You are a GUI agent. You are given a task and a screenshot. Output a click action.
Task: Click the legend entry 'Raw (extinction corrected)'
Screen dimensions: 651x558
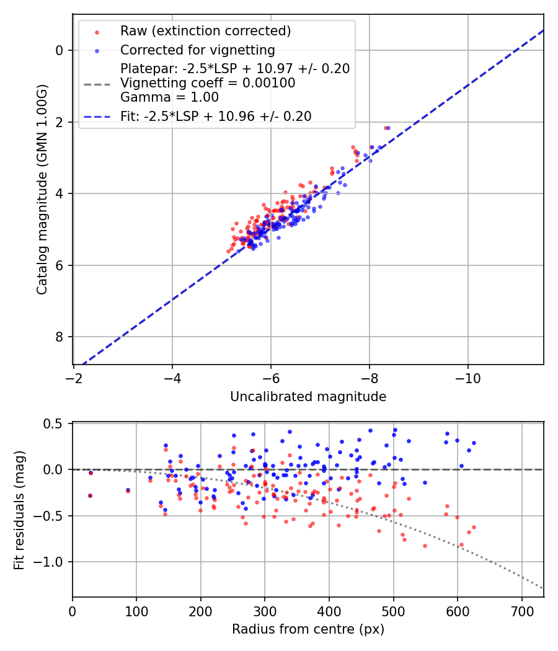(205, 31)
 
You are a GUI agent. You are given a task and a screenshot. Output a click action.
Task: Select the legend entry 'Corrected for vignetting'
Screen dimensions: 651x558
(197, 50)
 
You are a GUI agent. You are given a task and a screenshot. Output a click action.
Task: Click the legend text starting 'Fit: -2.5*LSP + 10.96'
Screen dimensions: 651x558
(216, 116)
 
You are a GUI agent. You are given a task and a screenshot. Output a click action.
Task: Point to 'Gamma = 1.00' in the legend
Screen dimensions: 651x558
(169, 97)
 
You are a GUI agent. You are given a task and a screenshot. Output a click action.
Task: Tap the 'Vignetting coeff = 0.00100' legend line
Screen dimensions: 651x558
(208, 82)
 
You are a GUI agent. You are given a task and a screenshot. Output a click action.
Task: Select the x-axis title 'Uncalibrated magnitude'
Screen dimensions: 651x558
(308, 397)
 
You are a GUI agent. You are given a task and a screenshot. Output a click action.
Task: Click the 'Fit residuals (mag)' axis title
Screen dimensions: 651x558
(19, 510)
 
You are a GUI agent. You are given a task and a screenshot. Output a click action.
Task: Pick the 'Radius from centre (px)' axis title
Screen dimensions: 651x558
(308, 629)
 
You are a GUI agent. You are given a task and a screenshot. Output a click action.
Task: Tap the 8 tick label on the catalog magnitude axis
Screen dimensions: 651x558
(60, 337)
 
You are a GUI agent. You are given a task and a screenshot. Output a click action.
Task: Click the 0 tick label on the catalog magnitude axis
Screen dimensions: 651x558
(60, 50)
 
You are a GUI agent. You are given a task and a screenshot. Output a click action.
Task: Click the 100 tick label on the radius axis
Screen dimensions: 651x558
(136, 612)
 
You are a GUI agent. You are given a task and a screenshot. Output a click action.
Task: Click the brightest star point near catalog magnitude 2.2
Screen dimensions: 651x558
(387, 128)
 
